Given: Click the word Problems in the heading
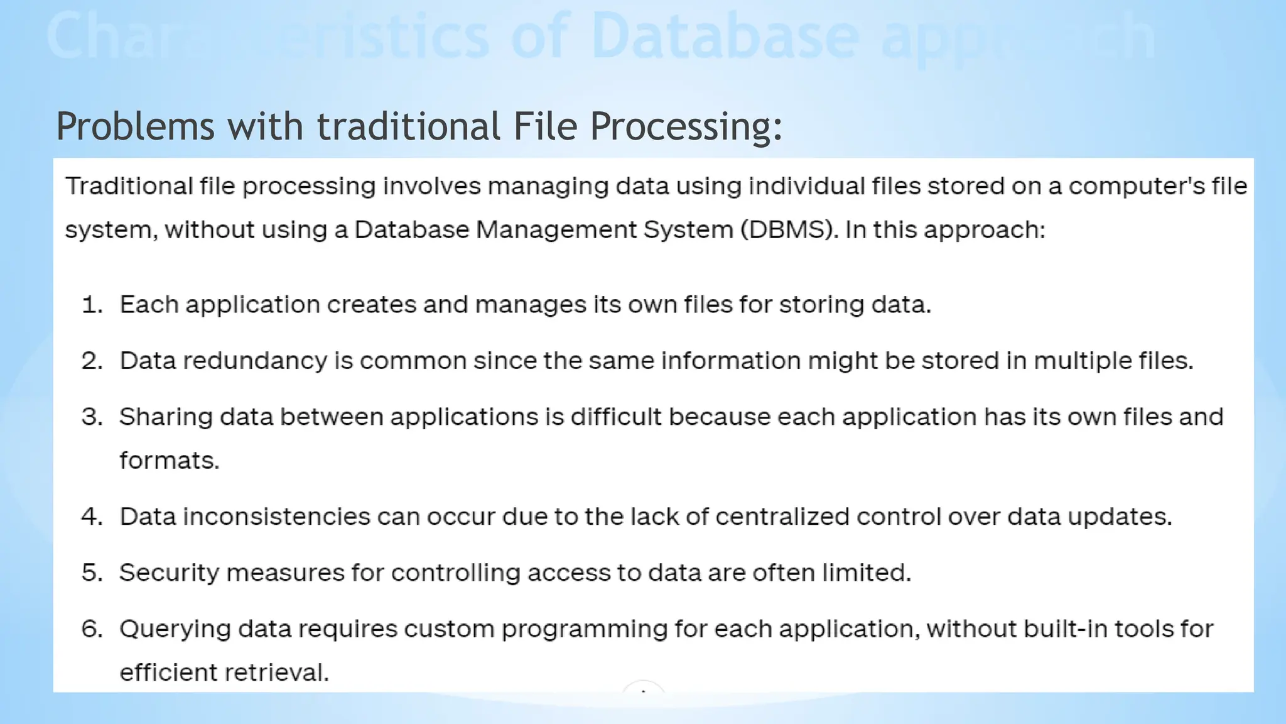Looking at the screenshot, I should point(135,126).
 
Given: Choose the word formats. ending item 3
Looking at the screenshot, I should point(170,461).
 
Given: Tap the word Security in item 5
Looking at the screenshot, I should point(169,573).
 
